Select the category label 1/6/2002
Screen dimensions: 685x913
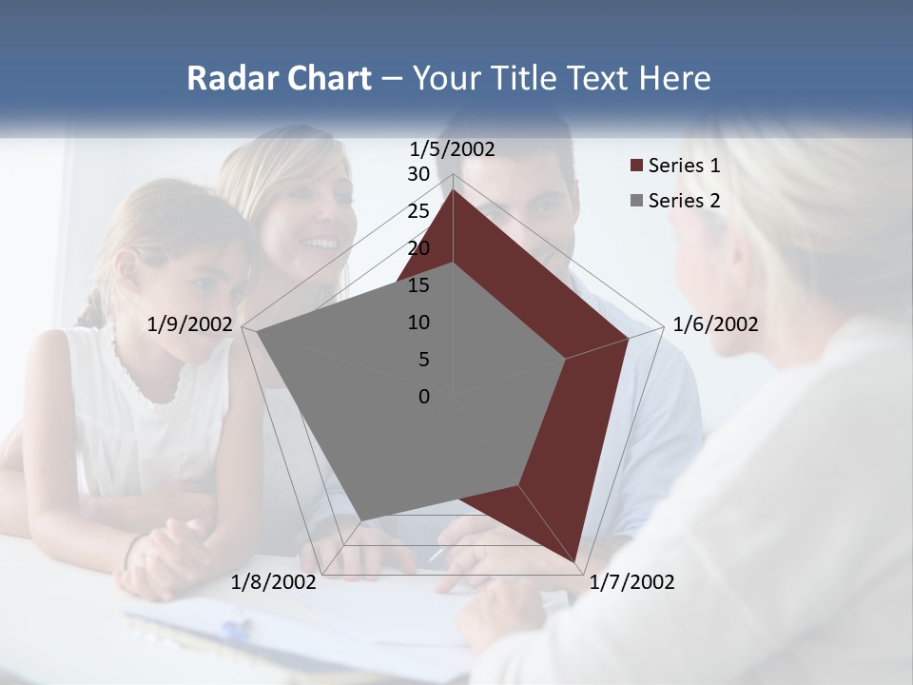point(715,324)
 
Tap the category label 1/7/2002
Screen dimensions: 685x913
point(631,582)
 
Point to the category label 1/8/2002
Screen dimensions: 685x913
point(274,582)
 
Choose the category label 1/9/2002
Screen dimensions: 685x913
point(190,324)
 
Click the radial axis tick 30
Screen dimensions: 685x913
point(418,174)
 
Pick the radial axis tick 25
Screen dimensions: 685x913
point(418,211)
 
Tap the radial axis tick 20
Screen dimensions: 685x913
point(418,248)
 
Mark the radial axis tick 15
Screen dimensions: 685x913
point(418,285)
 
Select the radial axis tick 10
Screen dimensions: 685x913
point(418,323)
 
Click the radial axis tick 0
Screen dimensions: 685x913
point(424,397)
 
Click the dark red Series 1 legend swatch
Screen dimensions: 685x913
point(636,166)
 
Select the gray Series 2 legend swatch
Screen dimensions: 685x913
point(636,201)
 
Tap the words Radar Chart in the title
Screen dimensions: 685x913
point(279,78)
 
